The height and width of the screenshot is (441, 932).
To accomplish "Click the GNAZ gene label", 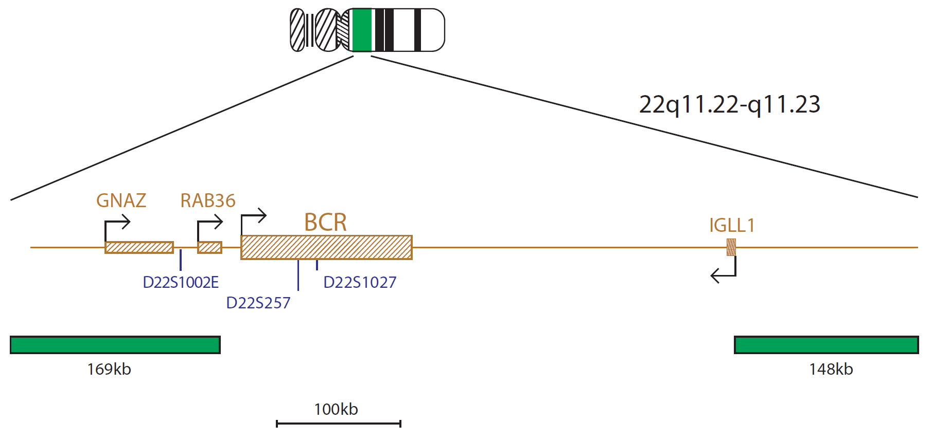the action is [x=121, y=200].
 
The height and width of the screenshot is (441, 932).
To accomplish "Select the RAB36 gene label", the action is [x=208, y=200].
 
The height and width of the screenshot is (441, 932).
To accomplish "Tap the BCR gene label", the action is [x=325, y=223].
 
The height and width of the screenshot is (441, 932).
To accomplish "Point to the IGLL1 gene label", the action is [x=732, y=225].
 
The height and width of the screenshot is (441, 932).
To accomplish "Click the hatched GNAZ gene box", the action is [x=139, y=247].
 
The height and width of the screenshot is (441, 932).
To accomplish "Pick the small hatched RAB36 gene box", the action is [x=209, y=247].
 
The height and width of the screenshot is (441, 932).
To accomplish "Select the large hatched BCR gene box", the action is [x=326, y=247].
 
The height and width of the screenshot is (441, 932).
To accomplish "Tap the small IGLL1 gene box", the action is [x=731, y=247].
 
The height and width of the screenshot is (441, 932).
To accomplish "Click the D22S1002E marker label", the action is [x=181, y=282].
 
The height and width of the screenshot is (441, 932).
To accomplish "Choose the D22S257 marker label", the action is [x=258, y=303].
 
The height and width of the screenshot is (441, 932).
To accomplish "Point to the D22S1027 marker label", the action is [x=360, y=282].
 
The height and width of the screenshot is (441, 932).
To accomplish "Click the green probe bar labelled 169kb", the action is [x=115, y=345].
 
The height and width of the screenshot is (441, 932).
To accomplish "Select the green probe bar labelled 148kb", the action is [x=826, y=345].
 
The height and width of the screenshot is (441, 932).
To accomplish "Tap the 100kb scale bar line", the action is [x=338, y=424].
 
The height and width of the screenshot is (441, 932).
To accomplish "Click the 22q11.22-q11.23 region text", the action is [x=729, y=105].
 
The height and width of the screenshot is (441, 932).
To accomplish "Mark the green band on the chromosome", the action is [x=362, y=30].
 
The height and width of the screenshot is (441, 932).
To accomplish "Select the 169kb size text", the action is [x=109, y=369].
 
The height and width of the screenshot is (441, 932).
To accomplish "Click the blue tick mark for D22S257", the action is [x=298, y=275].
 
